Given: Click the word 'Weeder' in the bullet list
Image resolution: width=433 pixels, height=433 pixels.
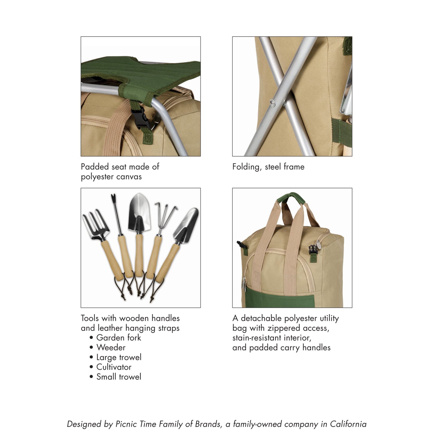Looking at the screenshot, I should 111,348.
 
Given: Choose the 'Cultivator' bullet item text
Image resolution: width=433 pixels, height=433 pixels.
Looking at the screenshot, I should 114,367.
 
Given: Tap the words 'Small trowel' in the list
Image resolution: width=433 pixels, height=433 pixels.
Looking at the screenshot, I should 119,377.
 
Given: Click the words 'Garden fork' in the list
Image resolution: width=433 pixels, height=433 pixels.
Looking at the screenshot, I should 119,338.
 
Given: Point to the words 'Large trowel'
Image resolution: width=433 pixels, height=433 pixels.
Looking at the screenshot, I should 119,357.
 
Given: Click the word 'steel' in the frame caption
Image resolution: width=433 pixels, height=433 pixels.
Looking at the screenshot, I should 273,167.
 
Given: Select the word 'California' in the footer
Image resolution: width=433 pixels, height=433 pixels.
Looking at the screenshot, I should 348,424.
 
